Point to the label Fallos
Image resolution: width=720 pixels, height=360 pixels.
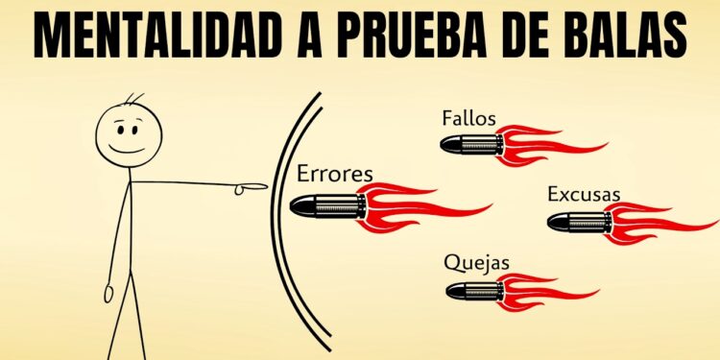point(468,119)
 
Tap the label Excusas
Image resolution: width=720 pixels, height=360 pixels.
point(584,195)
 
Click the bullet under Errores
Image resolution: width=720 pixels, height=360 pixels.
point(327,205)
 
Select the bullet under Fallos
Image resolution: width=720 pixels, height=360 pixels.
point(471,145)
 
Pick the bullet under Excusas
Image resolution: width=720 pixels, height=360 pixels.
point(577,223)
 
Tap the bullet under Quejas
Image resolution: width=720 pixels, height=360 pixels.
point(474,289)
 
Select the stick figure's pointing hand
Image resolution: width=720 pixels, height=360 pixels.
point(252,186)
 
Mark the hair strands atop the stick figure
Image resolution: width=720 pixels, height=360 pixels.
point(135,99)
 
